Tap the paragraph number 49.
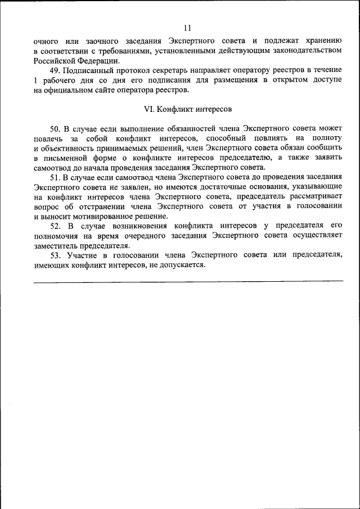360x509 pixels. point(55,70)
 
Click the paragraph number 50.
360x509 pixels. point(55,129)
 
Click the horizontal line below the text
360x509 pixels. point(187,280)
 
